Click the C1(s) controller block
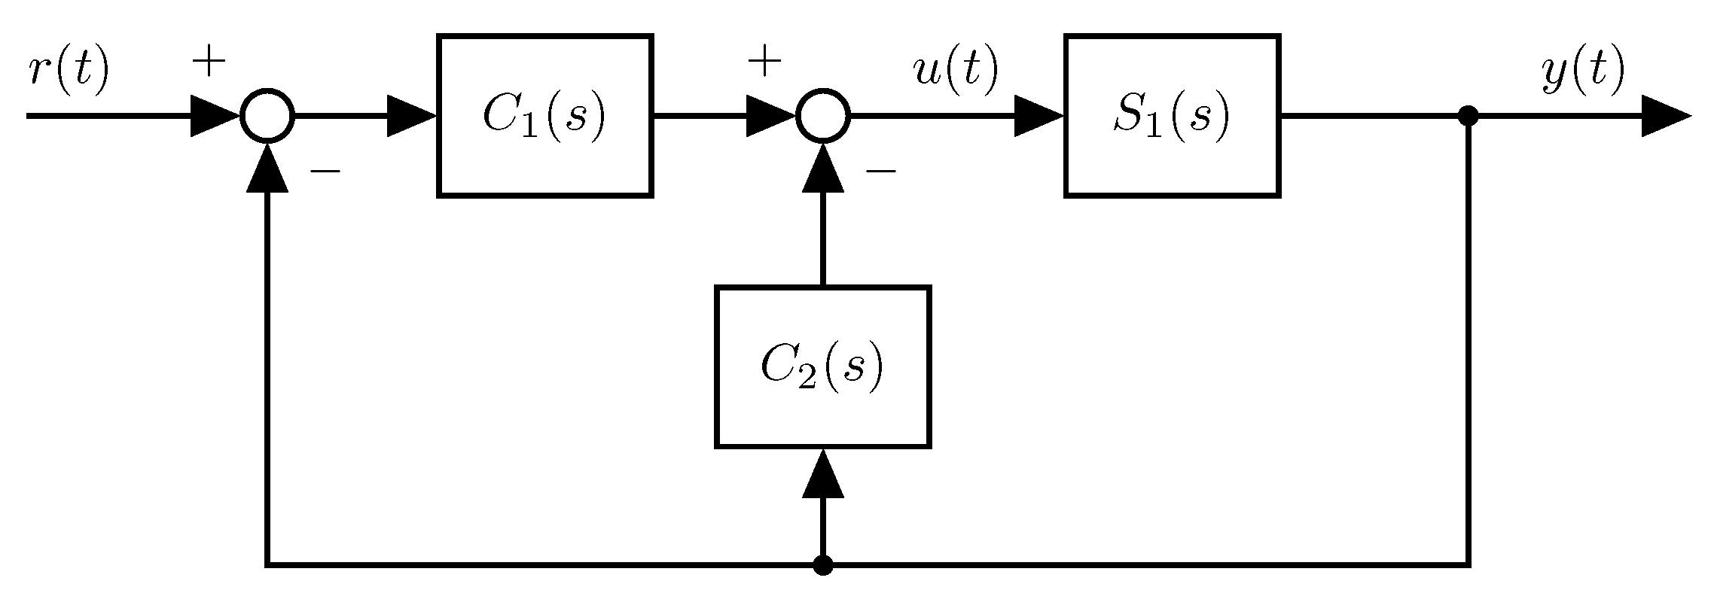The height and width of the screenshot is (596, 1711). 544,116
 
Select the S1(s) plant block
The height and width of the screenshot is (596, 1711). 1172,116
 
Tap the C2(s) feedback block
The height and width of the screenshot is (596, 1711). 822,366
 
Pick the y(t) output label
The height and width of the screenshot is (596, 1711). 1581,71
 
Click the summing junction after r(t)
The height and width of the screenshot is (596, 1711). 267,116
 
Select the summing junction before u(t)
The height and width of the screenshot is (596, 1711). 823,116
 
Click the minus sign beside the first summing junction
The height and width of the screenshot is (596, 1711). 325,172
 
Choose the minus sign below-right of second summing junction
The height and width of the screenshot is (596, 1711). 880,172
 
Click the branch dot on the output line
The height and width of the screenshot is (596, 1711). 1468,116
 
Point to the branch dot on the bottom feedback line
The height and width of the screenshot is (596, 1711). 823,564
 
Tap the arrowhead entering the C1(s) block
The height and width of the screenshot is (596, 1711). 410,116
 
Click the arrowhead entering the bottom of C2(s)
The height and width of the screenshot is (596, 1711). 823,474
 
